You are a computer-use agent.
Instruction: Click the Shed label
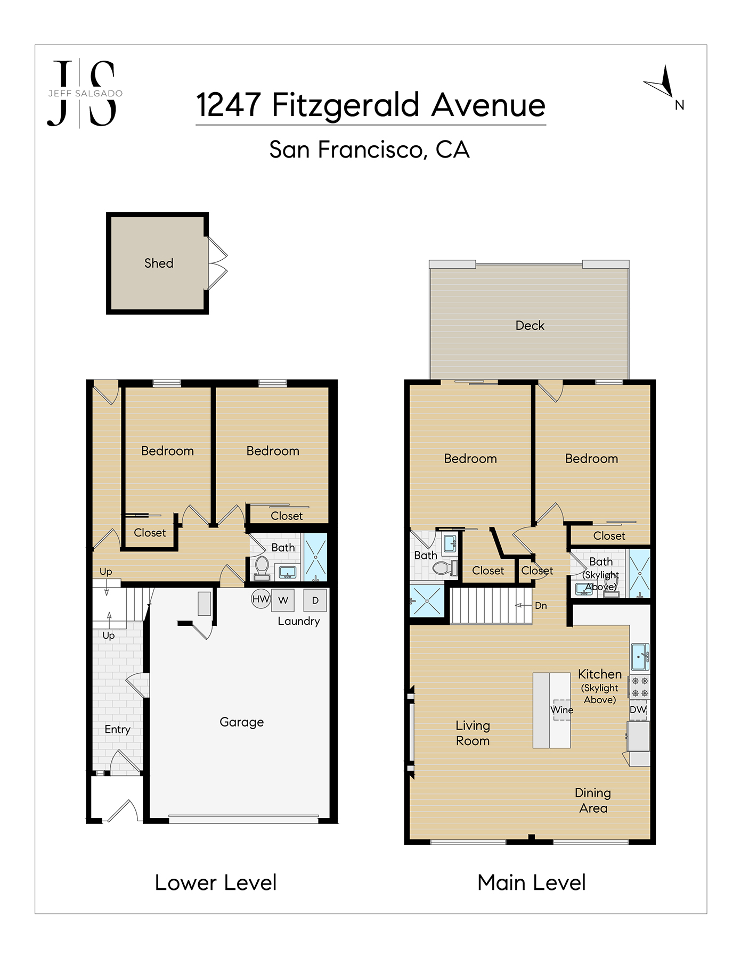point(159,263)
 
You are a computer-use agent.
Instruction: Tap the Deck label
point(530,325)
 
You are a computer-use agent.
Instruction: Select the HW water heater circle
point(261,599)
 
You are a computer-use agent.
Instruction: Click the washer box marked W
point(283,600)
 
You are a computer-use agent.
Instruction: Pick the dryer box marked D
point(315,600)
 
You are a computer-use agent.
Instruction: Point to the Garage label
point(242,722)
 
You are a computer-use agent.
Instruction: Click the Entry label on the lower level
point(117,730)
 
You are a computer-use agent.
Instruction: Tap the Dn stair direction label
point(541,606)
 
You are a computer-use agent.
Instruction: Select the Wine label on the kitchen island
point(562,710)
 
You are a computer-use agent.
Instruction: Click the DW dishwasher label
point(638,709)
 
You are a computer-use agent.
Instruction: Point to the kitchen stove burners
point(640,687)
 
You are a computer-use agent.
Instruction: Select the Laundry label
point(299,622)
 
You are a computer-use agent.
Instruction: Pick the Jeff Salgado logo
point(85,94)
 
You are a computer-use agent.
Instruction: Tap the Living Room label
point(473,733)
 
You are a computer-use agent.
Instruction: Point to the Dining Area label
point(593,800)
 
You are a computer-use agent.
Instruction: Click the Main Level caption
point(532,883)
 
